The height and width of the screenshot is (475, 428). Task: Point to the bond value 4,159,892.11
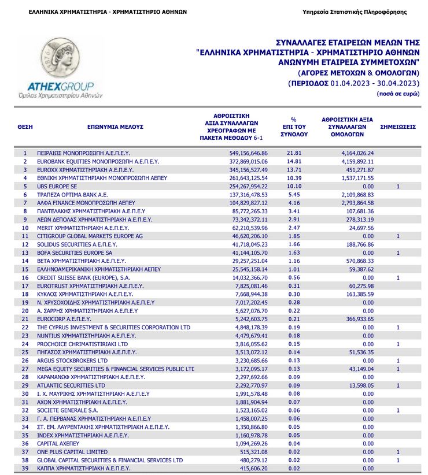coord(353,161)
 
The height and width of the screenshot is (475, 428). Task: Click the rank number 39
coord(25,468)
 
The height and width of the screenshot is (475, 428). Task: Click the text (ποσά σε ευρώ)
coord(398,94)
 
